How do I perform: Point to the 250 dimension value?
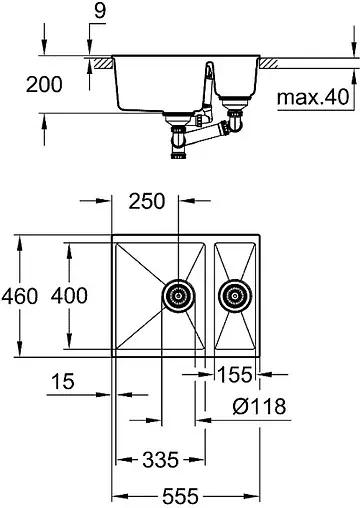148,202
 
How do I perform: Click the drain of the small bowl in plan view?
236,296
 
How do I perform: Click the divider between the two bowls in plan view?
212,296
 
